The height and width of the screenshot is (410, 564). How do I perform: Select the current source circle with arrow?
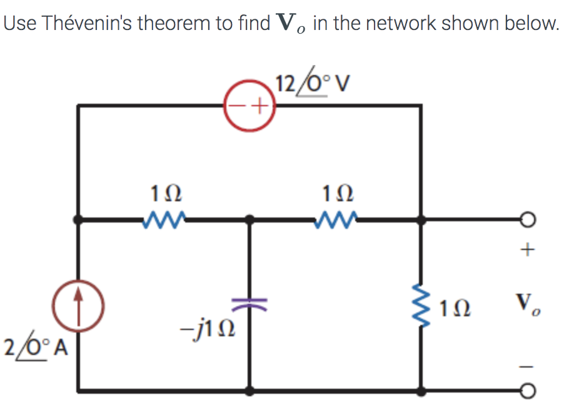coord(78,306)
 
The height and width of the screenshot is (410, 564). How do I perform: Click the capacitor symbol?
coord(249,304)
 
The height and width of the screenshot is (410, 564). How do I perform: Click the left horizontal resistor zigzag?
coord(164,219)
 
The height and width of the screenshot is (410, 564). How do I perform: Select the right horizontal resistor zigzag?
coord(337,219)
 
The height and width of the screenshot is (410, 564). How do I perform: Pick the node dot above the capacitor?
coord(249,220)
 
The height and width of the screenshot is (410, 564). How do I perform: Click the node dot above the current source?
coord(78,220)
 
